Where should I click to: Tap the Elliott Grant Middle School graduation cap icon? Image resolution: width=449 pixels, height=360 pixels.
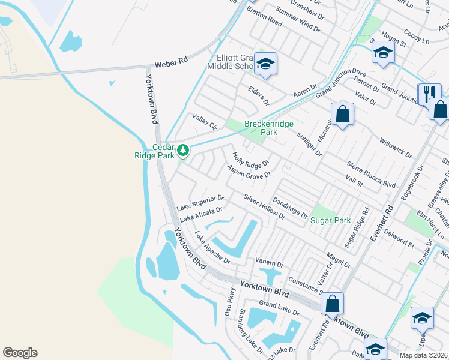[x=265, y=63]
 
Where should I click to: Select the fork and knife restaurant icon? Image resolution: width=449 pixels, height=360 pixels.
[x=429, y=93]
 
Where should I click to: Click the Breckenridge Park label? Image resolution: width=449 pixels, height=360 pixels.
[x=269, y=128]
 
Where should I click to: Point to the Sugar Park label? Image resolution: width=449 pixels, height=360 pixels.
[x=330, y=220]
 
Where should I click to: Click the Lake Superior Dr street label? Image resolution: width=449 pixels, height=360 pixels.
[x=200, y=202]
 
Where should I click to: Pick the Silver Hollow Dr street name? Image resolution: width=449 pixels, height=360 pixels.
[x=264, y=206]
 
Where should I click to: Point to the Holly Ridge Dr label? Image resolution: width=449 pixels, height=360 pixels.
[x=251, y=159]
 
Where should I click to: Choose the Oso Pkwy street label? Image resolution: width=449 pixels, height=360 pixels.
[x=231, y=303]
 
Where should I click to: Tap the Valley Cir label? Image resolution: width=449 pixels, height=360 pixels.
[x=204, y=121]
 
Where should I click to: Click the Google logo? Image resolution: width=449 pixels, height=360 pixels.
[x=20, y=353]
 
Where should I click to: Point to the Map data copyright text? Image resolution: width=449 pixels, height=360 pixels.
[x=424, y=355]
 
